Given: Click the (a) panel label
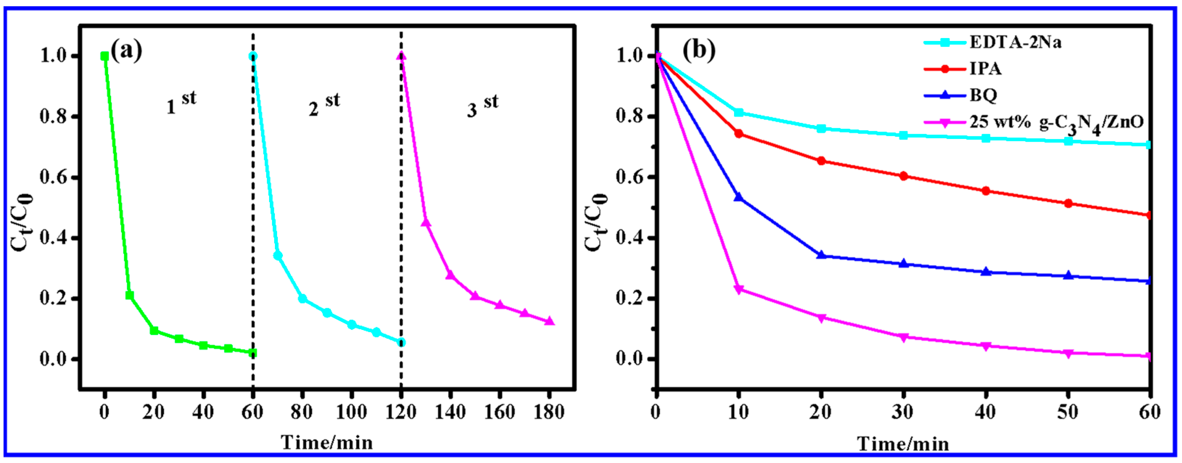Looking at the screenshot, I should [126, 50].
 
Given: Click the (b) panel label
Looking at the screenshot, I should [699, 50].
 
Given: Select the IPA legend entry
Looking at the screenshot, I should [985, 69].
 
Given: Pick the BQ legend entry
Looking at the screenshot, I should [983, 95].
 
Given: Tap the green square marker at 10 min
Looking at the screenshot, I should [129, 295].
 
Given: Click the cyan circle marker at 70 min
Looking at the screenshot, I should [277, 256].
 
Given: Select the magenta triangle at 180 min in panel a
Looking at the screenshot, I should [549, 321].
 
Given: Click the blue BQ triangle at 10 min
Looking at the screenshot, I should [738, 197].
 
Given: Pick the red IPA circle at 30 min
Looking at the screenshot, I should [903, 176].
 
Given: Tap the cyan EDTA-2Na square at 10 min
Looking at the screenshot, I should [738, 112].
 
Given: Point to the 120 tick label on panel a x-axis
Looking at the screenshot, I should [400, 412].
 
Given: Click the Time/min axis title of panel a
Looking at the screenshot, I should [327, 442].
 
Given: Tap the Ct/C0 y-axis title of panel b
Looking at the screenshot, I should [596, 222].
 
